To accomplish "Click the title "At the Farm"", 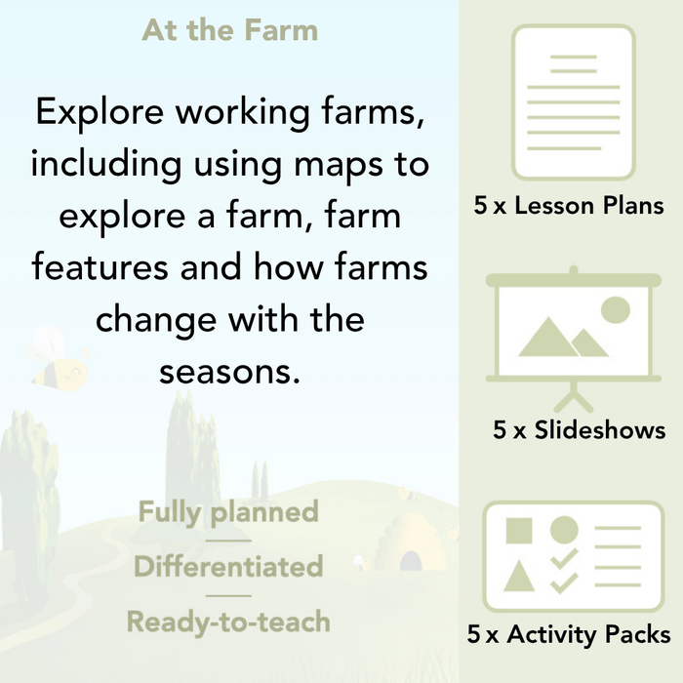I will [230, 29].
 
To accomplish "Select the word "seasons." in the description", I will [230, 372].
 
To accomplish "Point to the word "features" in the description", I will [105, 267].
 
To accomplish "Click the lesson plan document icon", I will [573, 102].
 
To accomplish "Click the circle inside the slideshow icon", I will [615, 310].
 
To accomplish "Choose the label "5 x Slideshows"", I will [579, 430].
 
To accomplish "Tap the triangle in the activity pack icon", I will [519, 576].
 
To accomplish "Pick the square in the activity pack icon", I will [519, 531].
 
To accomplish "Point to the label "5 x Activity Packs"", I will [569, 635].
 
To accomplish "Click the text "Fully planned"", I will [228, 512].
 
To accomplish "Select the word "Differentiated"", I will [228, 566].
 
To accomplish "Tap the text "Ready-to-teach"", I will [228, 621].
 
